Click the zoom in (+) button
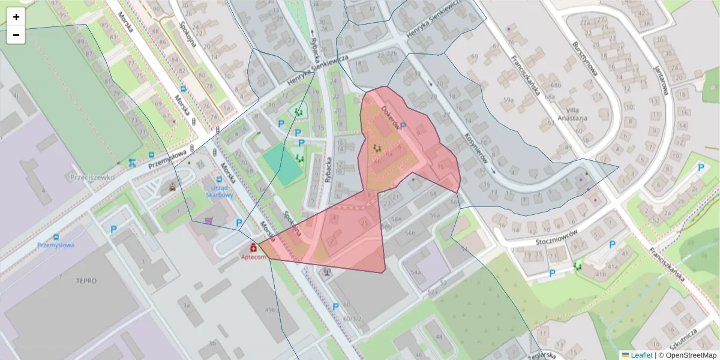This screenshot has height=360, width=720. pos(16,17)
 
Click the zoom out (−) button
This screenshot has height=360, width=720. pos(16,35)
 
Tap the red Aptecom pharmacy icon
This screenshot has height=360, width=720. pos(253,247)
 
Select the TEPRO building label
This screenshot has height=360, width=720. pos(86,281)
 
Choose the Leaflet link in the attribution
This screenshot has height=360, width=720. pos(641,355)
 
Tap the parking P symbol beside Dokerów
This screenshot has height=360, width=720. pos(403,126)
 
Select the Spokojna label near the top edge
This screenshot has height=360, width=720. pos(187,34)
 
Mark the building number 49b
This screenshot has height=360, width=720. pos(271,310)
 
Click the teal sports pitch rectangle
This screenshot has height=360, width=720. pos(282,165)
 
